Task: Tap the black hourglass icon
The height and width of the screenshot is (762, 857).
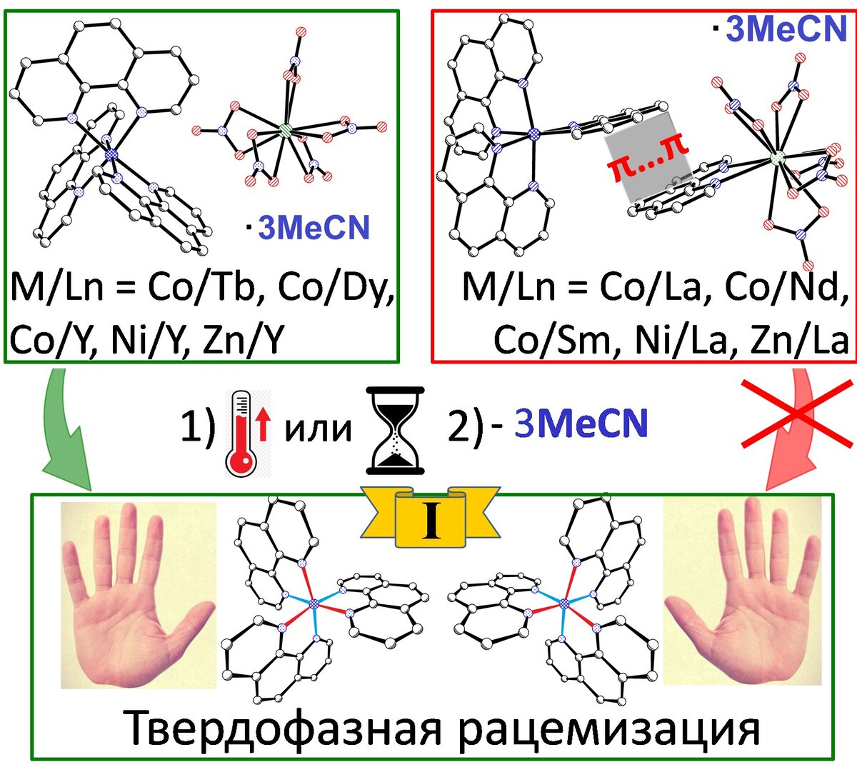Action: [x=395, y=430]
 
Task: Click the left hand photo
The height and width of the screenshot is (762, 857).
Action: [x=138, y=594]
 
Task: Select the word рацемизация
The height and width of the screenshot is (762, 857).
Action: [x=606, y=729]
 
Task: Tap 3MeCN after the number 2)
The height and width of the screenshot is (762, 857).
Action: [x=581, y=423]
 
